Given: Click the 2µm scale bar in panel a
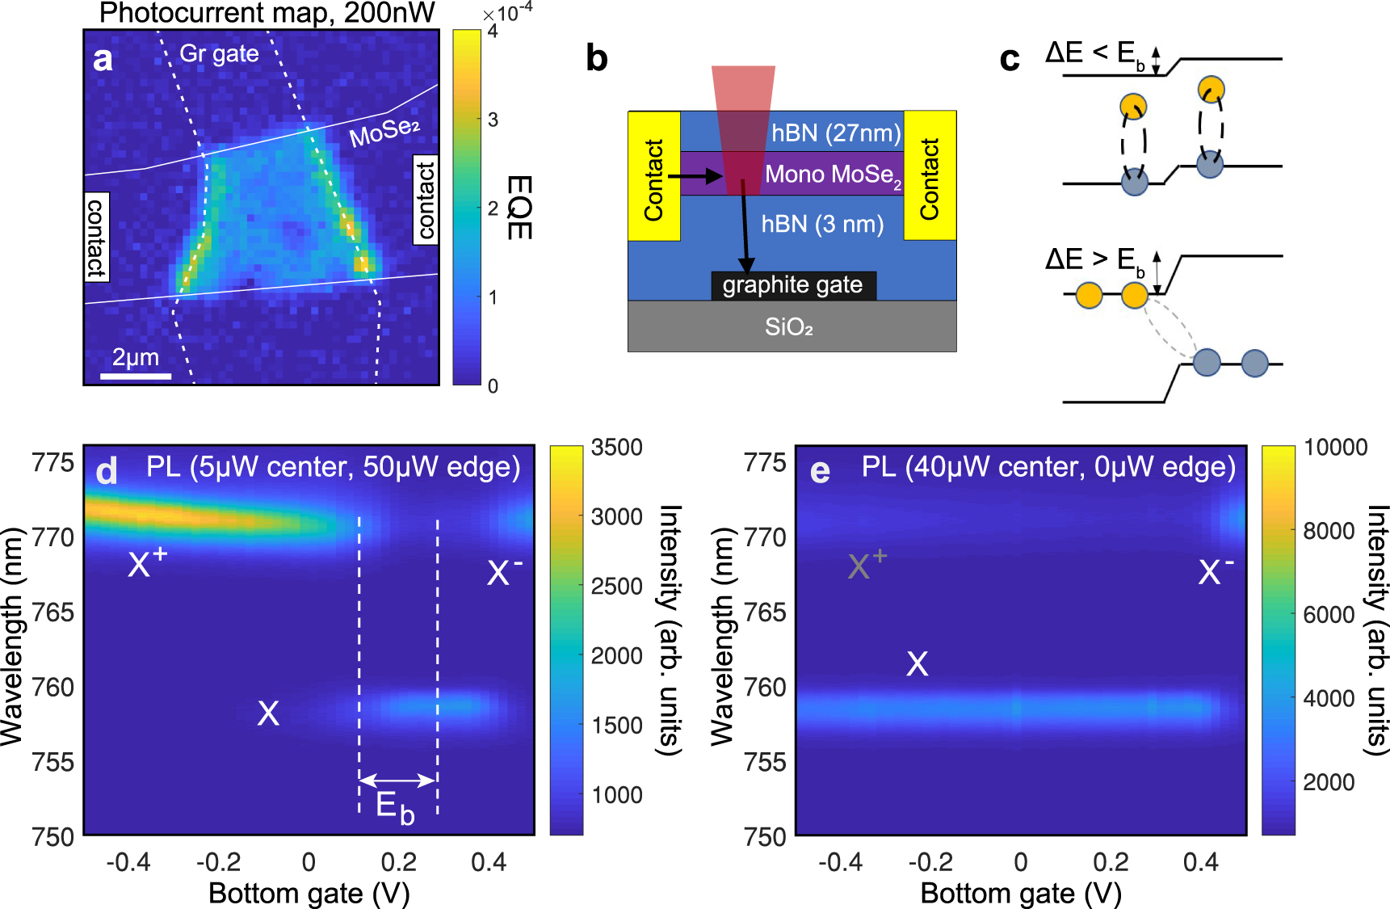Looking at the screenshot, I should [x=136, y=376].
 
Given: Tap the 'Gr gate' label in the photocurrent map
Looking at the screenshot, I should [x=219, y=53].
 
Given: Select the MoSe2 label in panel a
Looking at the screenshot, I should [x=384, y=133].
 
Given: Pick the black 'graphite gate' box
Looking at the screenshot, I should [x=792, y=285].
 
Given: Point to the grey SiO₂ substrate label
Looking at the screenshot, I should [x=789, y=327].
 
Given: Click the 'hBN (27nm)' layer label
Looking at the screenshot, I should [x=835, y=133].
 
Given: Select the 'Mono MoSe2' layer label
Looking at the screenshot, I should [x=833, y=175].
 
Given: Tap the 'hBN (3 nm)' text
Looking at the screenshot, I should [x=822, y=224].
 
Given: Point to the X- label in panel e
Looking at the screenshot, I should [x=1215, y=571].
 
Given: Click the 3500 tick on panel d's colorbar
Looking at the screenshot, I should [x=616, y=448].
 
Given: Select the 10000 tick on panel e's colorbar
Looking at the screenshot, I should [x=1335, y=448].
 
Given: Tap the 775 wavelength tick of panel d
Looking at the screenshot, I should [x=52, y=463].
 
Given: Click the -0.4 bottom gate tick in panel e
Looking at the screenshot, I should [x=840, y=862].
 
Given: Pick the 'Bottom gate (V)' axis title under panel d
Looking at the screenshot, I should [x=309, y=894].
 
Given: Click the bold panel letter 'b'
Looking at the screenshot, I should [x=596, y=58].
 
